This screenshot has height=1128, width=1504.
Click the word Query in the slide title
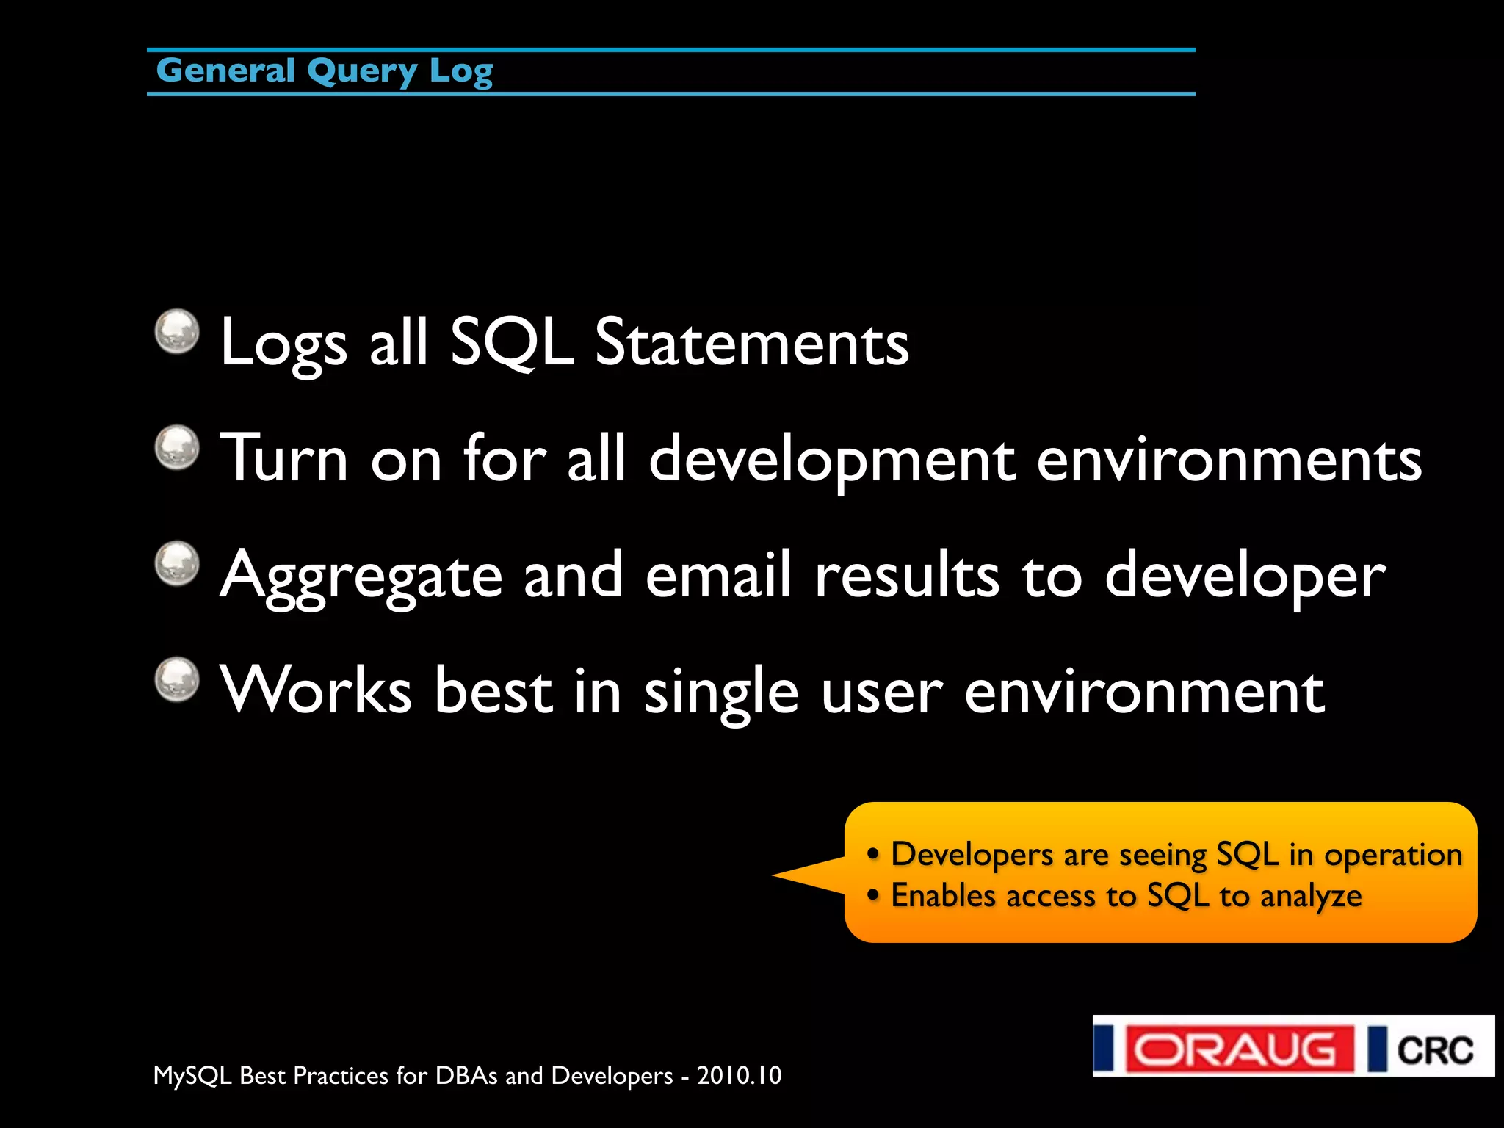pyautogui.click(x=361, y=72)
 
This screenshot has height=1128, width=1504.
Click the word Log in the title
pyautogui.click(x=460, y=72)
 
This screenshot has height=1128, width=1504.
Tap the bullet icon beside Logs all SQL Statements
pyautogui.click(x=177, y=331)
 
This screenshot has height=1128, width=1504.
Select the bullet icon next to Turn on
pyautogui.click(x=177, y=447)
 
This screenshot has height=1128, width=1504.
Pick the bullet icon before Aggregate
pyautogui.click(x=177, y=563)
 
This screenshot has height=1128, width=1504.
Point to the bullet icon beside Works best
pyautogui.click(x=177, y=679)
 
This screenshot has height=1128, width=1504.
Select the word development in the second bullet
pyautogui.click(x=832, y=459)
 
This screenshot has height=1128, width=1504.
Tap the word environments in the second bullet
pyautogui.click(x=1229, y=459)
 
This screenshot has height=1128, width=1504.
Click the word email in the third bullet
pyautogui.click(x=718, y=575)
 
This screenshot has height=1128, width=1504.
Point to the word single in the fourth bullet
pyautogui.click(x=720, y=693)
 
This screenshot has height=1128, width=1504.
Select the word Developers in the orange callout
pyautogui.click(x=972, y=855)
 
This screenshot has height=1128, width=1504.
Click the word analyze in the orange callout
pyautogui.click(x=1310, y=897)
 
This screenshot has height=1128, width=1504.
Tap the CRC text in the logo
pyautogui.click(x=1434, y=1049)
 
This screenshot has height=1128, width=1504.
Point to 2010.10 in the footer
pyautogui.click(x=739, y=1075)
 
